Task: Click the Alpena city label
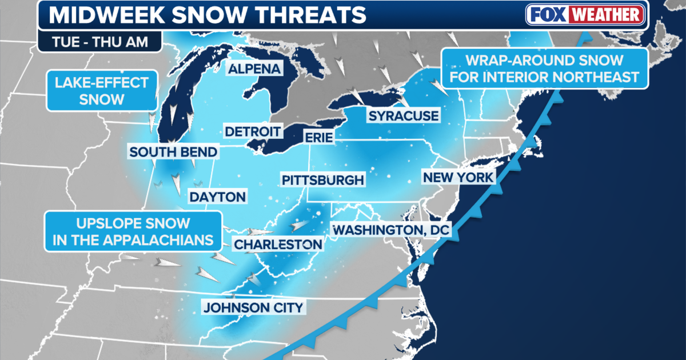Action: [255, 69]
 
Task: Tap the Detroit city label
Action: [253, 131]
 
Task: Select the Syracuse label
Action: [403, 116]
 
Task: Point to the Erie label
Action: [319, 138]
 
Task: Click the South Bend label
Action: [173, 152]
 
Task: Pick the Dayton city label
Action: [217, 197]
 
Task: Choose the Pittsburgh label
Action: [322, 180]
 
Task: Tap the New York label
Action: [458, 178]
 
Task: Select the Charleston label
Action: [278, 245]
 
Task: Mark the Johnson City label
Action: [253, 307]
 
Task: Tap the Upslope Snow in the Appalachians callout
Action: [133, 231]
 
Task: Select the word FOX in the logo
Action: [547, 15]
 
